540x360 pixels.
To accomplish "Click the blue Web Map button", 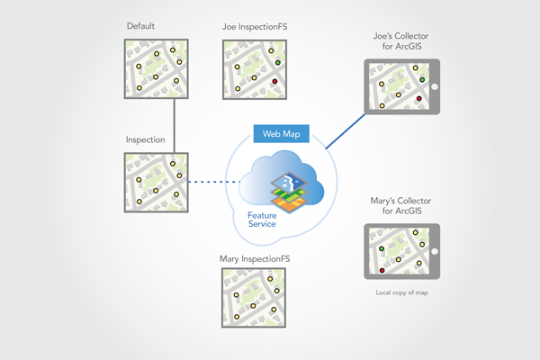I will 282,133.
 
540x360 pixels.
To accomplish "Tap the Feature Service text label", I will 268,219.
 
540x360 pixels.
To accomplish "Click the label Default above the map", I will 141,27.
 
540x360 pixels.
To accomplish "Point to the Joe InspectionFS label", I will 255,27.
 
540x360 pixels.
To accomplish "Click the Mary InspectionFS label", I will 255,259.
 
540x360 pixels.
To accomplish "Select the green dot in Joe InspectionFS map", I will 279,62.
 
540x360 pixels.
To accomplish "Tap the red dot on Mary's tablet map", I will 383,269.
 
